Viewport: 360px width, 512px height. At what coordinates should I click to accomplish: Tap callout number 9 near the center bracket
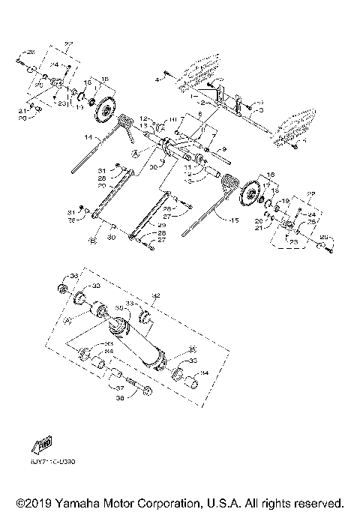pyautogui.click(x=223, y=149)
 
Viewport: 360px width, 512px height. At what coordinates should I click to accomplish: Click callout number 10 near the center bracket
pyautogui.click(x=171, y=120)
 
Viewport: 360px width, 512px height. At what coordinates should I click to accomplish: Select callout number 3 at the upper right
pyautogui.click(x=259, y=110)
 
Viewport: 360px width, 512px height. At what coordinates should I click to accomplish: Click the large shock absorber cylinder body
pyautogui.click(x=139, y=341)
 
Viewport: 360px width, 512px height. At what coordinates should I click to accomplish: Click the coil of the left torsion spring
pyautogui.click(x=125, y=121)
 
